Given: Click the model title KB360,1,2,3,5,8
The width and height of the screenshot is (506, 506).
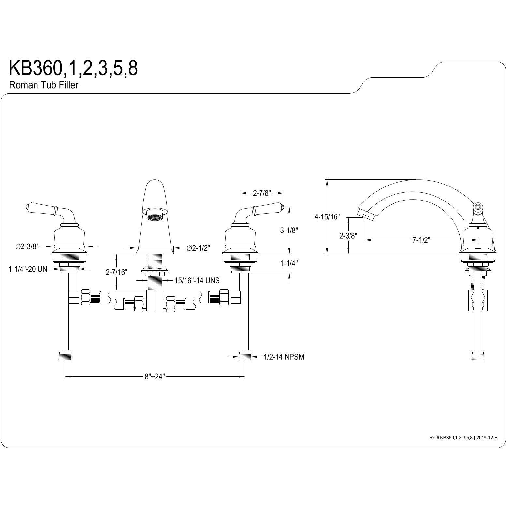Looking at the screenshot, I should pos(73,68).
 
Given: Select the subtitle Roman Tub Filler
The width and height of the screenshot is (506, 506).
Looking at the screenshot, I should pos(44,85).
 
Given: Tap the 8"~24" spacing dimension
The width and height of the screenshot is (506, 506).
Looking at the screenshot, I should pos(155,377).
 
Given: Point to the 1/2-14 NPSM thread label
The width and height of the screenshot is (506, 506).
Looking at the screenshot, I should pos(284,357).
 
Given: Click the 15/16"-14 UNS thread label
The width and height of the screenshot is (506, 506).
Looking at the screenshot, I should pos(197,280).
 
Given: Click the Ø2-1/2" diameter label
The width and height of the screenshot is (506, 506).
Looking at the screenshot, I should pos(198,248).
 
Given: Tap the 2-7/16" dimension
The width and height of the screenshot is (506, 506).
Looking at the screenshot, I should pos(116,272).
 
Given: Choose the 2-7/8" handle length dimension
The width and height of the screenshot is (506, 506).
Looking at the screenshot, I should pos(262,193).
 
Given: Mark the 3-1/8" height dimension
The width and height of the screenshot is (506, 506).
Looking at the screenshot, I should pos(289,230).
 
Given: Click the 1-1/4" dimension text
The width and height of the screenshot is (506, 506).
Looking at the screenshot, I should pos(289,263).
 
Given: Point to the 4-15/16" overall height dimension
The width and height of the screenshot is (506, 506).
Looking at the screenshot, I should pos(327,216).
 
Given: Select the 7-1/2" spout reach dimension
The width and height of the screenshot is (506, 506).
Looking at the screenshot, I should pos(421,240).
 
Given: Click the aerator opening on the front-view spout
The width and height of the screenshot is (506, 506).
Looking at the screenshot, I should pos(155,217).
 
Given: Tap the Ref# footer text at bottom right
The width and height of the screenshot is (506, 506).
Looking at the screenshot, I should pos(463,438).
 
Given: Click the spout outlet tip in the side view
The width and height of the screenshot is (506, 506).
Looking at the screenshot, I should pos(365,215).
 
